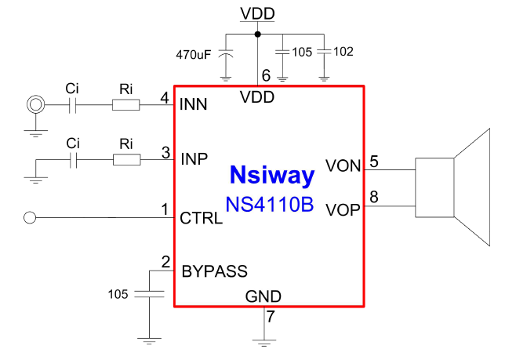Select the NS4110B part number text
270,205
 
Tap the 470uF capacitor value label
194,55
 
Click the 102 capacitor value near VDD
343,52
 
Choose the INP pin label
194,158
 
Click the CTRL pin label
201,218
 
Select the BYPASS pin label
214,272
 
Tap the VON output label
343,166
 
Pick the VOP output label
343,210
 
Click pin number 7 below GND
271,318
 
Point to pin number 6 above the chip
266,76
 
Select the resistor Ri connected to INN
126,104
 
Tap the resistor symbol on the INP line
126,160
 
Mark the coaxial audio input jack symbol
35,104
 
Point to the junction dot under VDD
258,34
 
